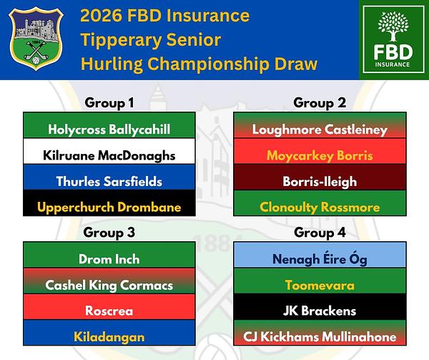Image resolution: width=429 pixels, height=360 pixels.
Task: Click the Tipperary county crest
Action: tap(36, 39)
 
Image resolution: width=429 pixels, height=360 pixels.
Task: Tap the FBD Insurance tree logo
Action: tap(393, 39)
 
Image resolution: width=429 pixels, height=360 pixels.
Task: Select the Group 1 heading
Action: tap(109, 103)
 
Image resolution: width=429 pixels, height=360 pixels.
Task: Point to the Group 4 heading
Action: tap(320, 233)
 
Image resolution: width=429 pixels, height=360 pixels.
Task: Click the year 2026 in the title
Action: tap(101, 16)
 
